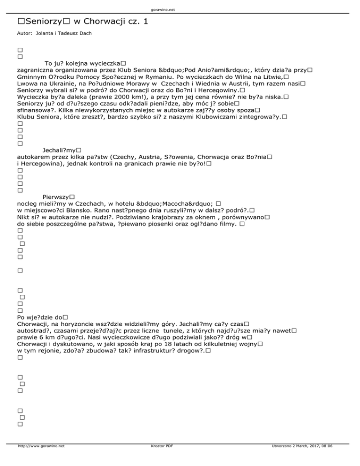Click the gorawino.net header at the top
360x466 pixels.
[x=180, y=9]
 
